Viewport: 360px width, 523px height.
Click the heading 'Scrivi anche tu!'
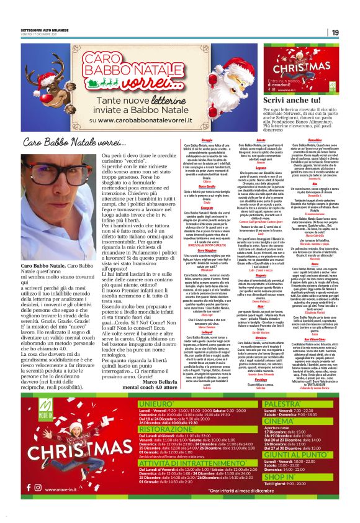click(280, 99)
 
